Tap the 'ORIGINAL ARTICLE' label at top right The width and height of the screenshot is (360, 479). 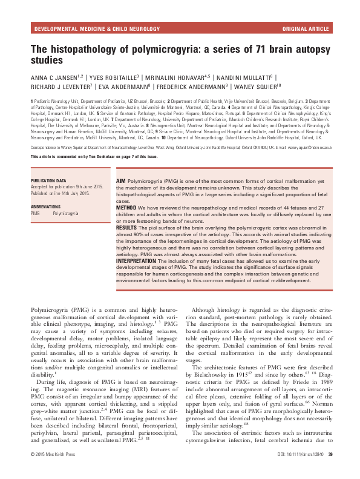click(x=306, y=29)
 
